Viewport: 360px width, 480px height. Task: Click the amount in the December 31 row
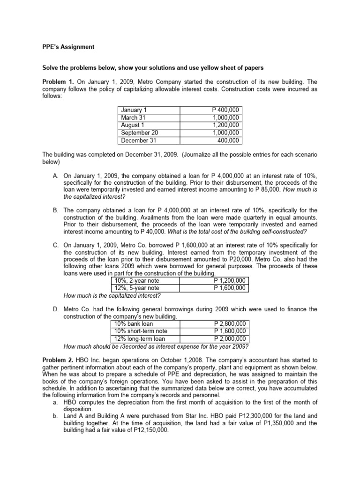coord(228,140)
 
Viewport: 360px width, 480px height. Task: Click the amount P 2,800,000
coord(230,324)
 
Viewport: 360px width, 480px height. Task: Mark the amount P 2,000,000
coord(230,339)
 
